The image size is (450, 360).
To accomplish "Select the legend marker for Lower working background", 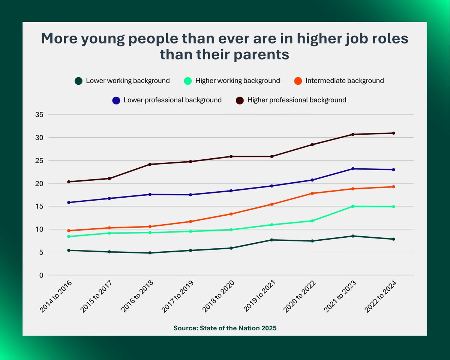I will (78, 81).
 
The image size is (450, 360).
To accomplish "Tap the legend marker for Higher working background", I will (188, 81).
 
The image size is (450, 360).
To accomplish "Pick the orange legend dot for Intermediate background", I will (298, 81).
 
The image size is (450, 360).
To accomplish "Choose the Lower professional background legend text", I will (172, 100).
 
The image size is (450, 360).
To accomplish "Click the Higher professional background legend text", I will (297, 100).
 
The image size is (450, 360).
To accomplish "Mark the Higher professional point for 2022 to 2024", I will (393, 133).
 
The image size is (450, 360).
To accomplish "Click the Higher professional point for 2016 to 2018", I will (150, 164).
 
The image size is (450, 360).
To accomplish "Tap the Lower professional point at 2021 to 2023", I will (353, 169).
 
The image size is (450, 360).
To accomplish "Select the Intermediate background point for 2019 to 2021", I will (271, 204).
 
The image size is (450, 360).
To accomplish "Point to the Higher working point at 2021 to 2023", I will (353, 206).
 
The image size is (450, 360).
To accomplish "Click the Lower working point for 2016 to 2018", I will (150, 253).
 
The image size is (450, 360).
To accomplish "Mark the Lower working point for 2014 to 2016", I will (69, 250).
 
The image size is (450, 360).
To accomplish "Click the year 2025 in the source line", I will (268, 328).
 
